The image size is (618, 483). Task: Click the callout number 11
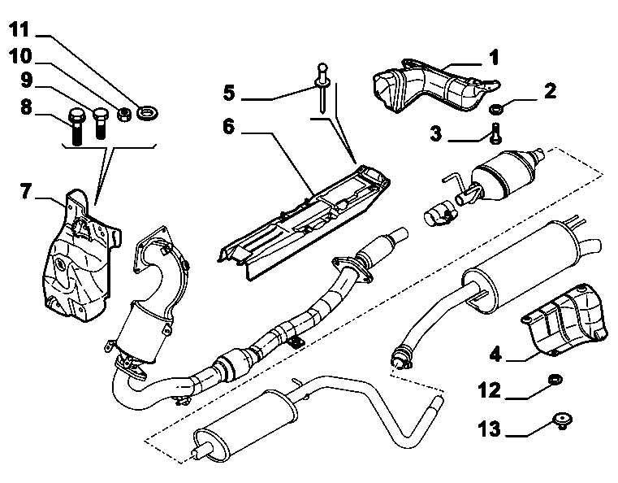[x=19, y=29]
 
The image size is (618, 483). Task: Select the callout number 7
[x=26, y=191]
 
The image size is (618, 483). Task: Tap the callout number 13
[x=490, y=429]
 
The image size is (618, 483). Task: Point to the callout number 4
[x=496, y=354]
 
